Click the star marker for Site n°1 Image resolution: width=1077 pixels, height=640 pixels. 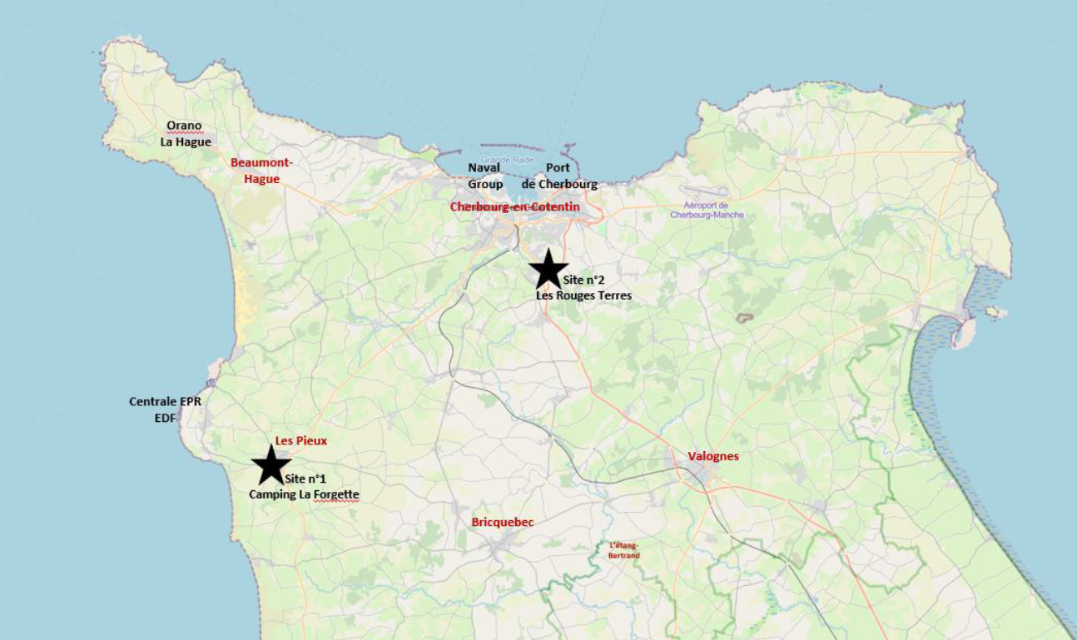tap(270, 465)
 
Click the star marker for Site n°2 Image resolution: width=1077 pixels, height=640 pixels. tap(548, 269)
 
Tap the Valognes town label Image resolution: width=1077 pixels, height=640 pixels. tap(713, 456)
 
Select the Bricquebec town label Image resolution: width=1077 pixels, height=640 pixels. tap(502, 522)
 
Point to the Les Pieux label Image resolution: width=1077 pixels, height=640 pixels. tap(300, 440)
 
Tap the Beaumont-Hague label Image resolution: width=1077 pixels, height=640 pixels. tap(261, 171)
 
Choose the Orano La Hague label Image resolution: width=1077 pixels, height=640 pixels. tap(186, 134)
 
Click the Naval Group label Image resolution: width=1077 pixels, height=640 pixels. tap(484, 176)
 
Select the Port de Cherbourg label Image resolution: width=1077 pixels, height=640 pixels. tap(559, 176)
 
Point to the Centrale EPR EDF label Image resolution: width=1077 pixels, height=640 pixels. tap(165, 409)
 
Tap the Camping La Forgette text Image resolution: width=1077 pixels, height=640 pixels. tap(304, 494)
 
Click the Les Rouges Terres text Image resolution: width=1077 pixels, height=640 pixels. tap(583, 295)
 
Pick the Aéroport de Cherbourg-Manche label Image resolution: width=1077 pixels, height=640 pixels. tap(707, 210)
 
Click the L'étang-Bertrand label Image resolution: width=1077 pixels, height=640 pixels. tap(624, 550)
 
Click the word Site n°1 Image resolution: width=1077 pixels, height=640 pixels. tap(305, 479)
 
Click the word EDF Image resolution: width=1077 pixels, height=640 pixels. tap(165, 418)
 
